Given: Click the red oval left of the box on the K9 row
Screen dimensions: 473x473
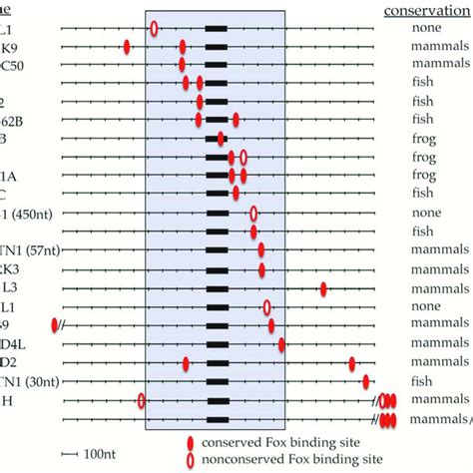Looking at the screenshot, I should coord(127,47).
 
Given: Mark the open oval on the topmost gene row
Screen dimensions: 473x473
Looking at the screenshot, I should coord(154,29).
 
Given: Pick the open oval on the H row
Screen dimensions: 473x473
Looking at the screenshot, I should coord(142,400).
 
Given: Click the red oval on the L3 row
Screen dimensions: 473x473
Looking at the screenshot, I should coord(323,288).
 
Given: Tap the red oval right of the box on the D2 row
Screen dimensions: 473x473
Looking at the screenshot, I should coord(352,363).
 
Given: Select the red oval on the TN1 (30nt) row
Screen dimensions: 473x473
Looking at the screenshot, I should coord(366,381).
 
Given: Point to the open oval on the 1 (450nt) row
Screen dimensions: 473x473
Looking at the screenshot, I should coord(253,214).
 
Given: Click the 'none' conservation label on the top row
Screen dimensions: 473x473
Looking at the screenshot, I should coord(426,28).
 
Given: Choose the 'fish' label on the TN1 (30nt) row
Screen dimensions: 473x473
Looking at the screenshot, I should coord(426,381).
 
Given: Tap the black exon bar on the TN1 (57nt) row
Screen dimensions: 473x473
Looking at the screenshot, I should coord(216,250).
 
